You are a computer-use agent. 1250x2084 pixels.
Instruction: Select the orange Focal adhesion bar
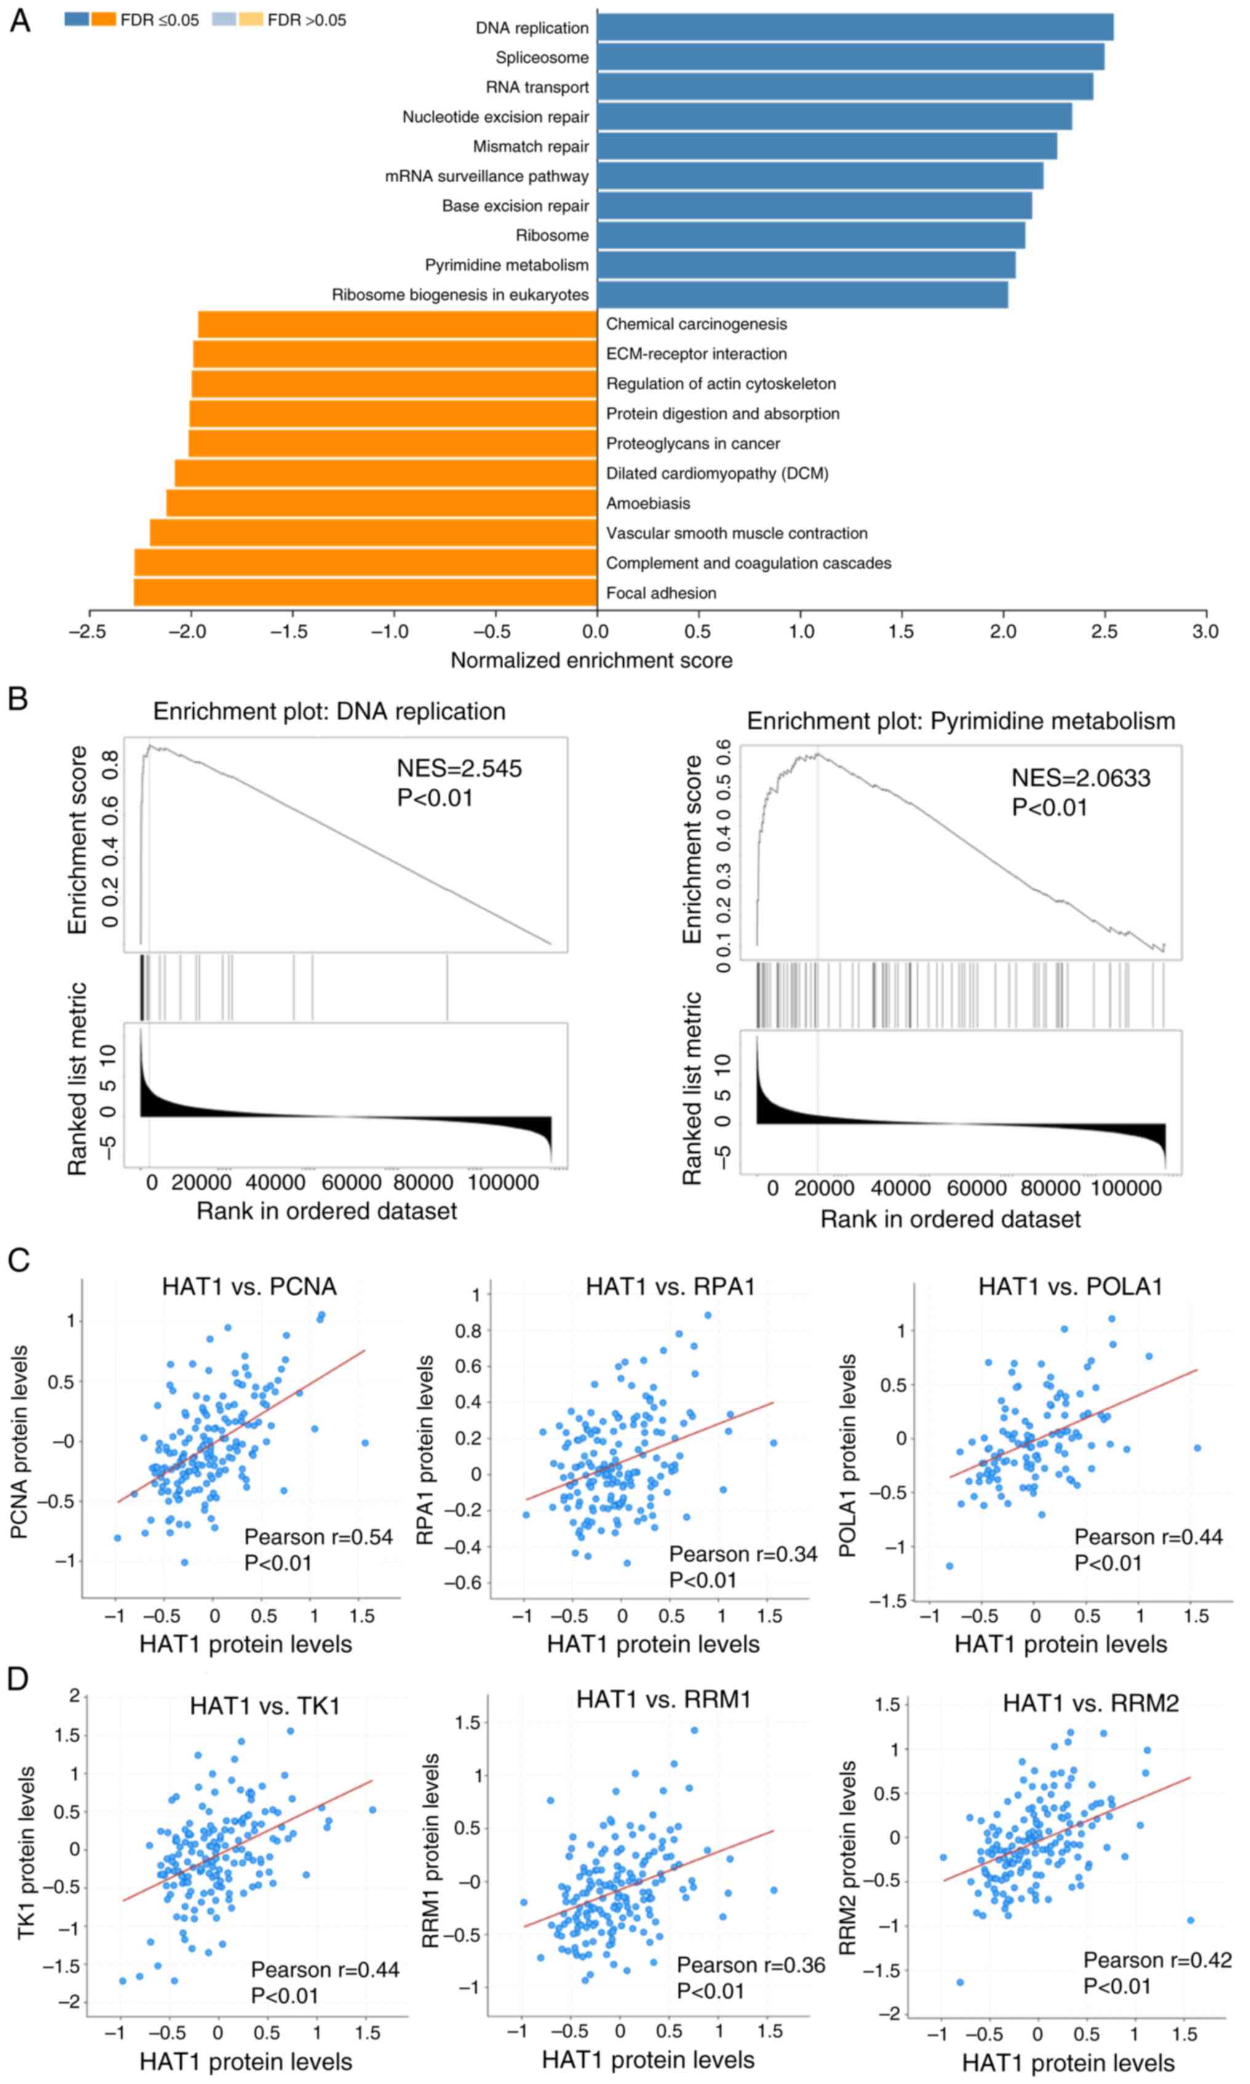[x=365, y=593]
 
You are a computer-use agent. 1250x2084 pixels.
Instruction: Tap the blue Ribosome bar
[x=810, y=235]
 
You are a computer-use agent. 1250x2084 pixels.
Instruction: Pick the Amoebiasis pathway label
[x=648, y=503]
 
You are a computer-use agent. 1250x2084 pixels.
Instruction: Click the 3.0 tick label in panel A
[x=1205, y=632]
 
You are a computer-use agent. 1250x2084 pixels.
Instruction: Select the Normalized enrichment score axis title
[x=591, y=660]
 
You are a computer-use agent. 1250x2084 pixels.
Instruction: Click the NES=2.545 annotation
[x=459, y=769]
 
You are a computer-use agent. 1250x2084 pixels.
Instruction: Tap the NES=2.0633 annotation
[x=1081, y=778]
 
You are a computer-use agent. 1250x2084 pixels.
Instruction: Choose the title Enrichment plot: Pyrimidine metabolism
[x=960, y=721]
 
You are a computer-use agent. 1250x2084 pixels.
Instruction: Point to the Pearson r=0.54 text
[x=319, y=1537]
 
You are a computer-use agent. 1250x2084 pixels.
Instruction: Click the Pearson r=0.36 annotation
[x=750, y=1965]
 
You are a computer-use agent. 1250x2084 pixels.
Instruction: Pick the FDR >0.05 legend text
[x=306, y=20]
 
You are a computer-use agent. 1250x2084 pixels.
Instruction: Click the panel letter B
[x=18, y=699]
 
